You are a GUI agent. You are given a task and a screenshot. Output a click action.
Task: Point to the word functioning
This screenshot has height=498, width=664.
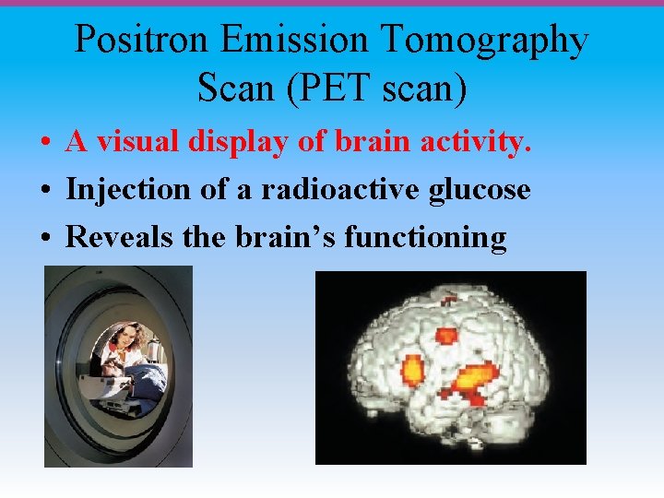pos(425,239)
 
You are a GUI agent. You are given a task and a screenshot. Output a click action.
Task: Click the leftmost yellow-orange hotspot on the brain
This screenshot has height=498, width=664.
pos(412,371)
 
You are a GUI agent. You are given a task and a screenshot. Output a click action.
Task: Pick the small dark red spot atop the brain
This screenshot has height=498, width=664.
pos(449,300)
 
